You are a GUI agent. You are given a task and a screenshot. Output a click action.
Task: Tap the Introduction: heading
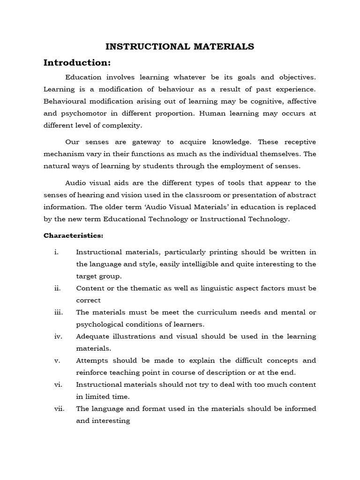click(77, 63)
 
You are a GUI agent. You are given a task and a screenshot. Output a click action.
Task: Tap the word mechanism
click(64, 153)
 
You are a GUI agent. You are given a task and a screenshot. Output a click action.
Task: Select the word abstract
click(297, 195)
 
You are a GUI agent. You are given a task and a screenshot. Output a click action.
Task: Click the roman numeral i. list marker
click(56, 252)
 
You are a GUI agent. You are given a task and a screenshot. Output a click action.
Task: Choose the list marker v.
click(56, 360)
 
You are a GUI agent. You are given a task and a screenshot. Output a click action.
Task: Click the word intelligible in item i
click(199, 264)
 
